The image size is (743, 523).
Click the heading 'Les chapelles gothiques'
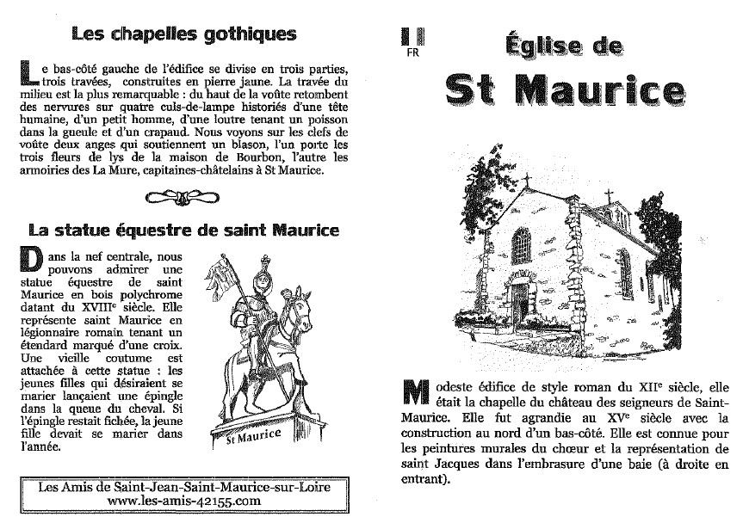tap(184, 34)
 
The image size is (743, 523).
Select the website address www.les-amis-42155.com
tap(183, 500)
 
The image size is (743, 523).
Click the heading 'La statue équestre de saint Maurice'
tap(183, 230)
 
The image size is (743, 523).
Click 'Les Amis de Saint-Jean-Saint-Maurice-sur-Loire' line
tap(183, 486)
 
